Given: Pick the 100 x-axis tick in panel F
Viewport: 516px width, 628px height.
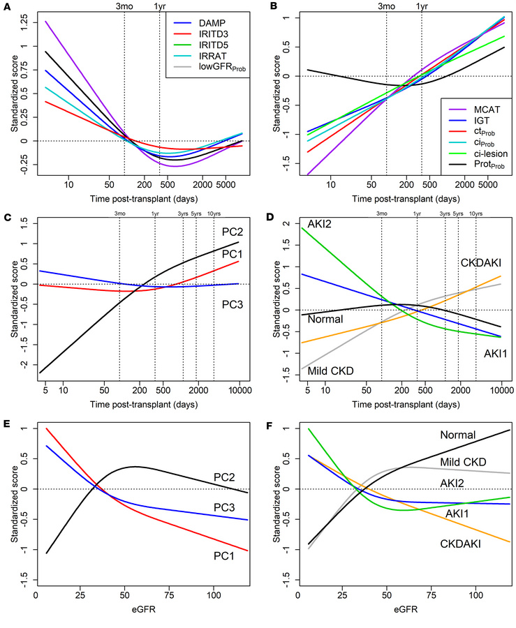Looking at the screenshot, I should point(476,599).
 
